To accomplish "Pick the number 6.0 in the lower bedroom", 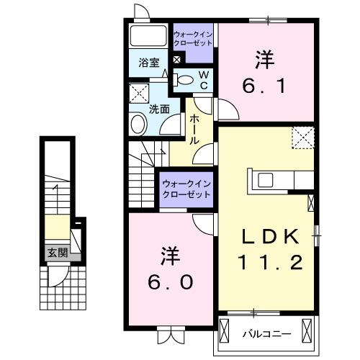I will tap(171, 284).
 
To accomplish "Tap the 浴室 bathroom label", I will tap(149, 63).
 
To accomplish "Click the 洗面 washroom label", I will tap(159, 109).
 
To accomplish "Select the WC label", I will tap(203, 80).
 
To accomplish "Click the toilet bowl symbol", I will tap(185, 81).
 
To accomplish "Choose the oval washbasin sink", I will tap(138, 125).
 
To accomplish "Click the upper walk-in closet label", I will tap(193, 38).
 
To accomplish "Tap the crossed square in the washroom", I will tap(139, 92).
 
